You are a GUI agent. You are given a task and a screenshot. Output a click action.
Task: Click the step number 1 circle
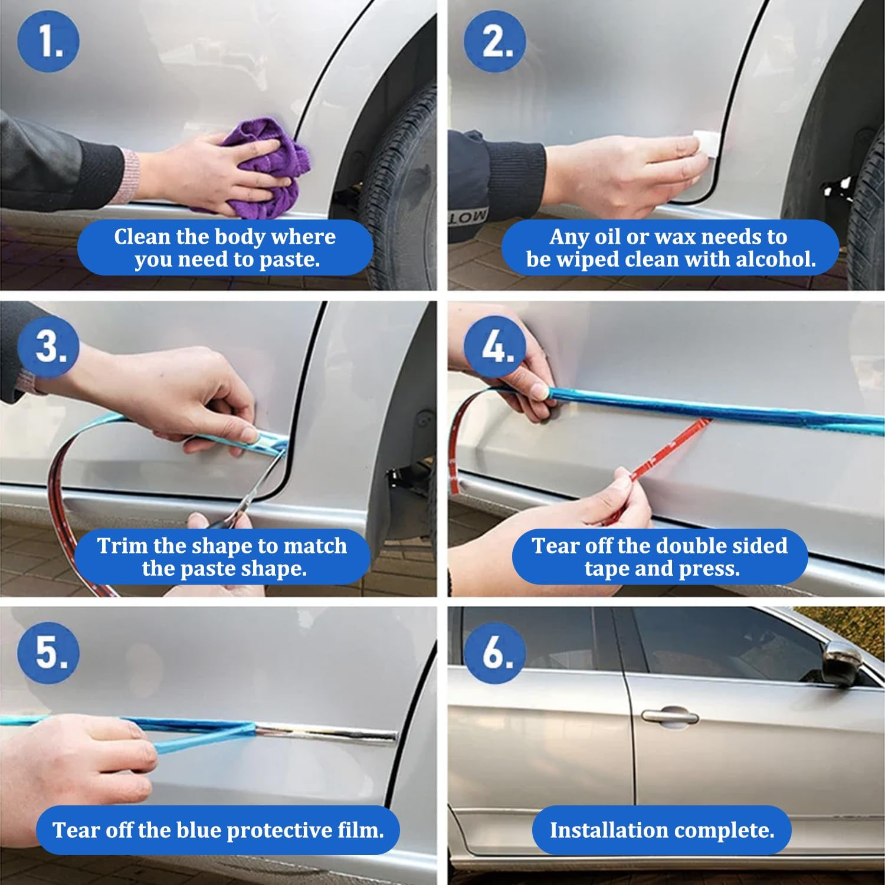click(48, 41)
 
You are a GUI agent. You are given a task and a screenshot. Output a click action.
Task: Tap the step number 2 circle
click(494, 41)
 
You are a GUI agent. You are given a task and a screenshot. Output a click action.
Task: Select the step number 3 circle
click(48, 346)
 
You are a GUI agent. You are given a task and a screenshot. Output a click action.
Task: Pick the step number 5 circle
click(48, 653)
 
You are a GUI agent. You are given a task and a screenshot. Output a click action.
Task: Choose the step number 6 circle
click(494, 653)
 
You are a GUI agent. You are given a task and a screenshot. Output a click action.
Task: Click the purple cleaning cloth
click(268, 165)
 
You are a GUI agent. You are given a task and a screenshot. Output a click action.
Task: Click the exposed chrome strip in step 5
click(330, 733)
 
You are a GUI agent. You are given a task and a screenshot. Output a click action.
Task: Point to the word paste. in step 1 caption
click(289, 260)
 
